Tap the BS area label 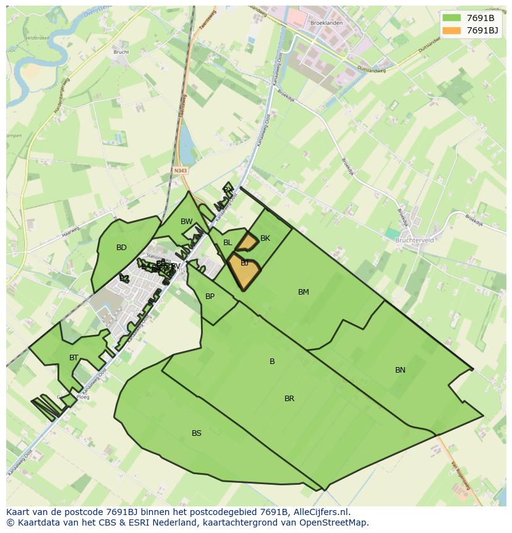pyautogui.click(x=197, y=433)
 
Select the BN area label pyautogui.click(x=400, y=370)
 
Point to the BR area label pyautogui.click(x=289, y=399)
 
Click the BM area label pyautogui.click(x=303, y=292)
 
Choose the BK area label pyautogui.click(x=265, y=238)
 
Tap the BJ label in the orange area pyautogui.click(x=245, y=263)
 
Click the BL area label pyautogui.click(x=228, y=243)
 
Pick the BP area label pyautogui.click(x=210, y=297)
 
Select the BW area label pyautogui.click(x=186, y=222)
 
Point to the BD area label pyautogui.click(x=121, y=248)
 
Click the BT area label pyautogui.click(x=74, y=358)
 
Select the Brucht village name pyautogui.click(x=121, y=52)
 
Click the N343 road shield pyautogui.click(x=181, y=171)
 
